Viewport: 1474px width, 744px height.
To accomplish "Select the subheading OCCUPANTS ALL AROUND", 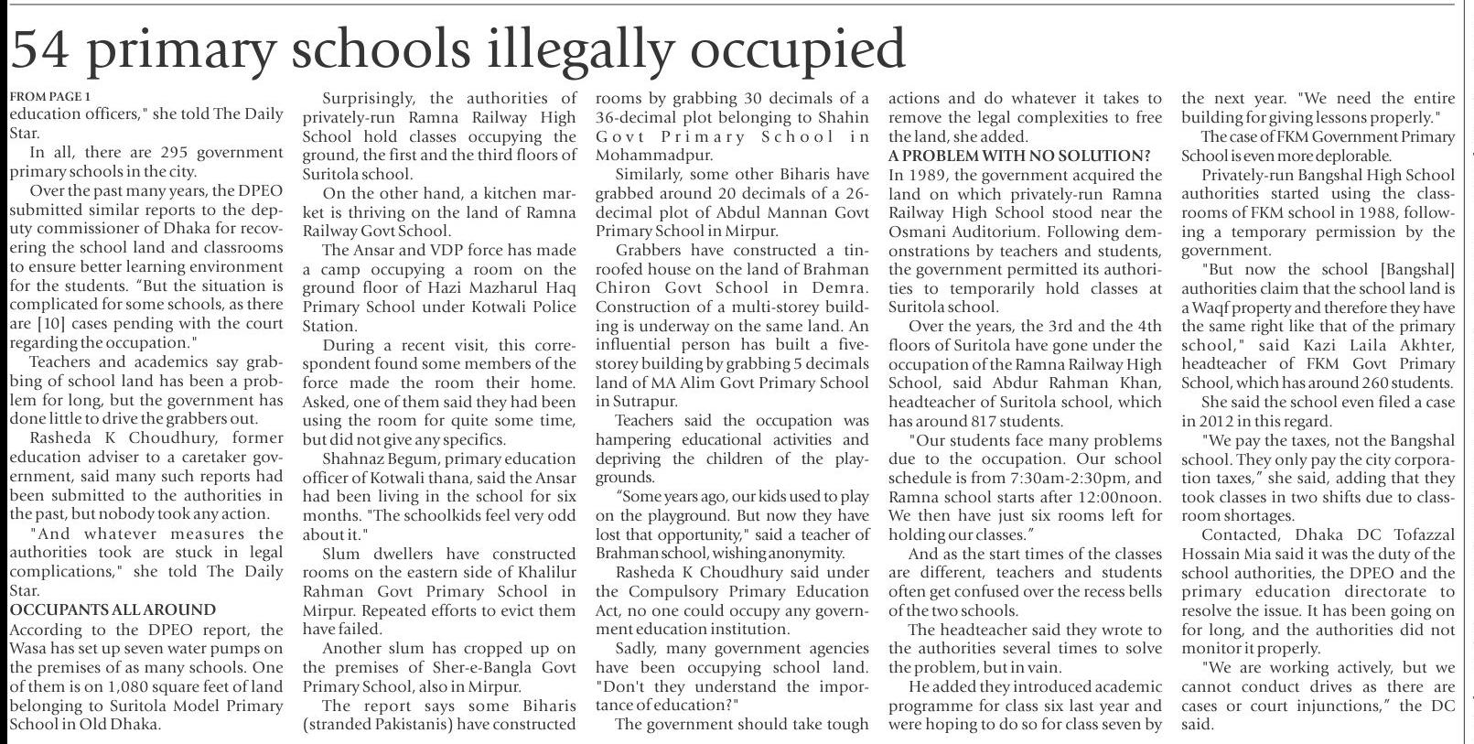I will click(113, 609).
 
